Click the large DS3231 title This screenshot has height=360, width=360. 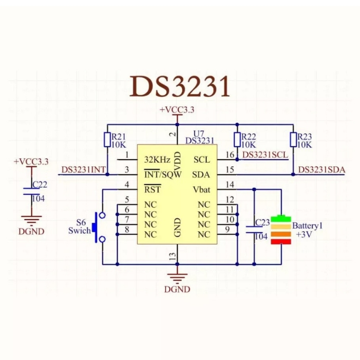(180, 87)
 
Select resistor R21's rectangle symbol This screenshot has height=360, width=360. (107, 140)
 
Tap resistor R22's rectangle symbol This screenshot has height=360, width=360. (237, 140)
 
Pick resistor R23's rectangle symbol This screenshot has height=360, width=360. (293, 140)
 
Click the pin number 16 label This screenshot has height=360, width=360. (230, 155)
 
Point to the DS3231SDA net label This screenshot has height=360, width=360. (322, 170)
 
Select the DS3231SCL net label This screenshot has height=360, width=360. (265, 155)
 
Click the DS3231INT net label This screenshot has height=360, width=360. (83, 170)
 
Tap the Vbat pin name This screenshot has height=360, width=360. (201, 189)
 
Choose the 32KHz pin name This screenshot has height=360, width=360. (157, 160)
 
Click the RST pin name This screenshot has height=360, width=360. (153, 190)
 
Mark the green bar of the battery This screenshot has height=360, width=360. (281, 219)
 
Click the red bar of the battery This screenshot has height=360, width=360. (281, 242)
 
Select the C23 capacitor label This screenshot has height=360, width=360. (262, 222)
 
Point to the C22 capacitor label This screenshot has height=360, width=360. (39, 185)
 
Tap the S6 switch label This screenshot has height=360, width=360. (81, 223)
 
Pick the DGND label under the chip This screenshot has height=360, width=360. (177, 289)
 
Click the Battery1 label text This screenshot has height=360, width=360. (307, 226)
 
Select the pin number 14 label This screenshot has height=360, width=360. (230, 185)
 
